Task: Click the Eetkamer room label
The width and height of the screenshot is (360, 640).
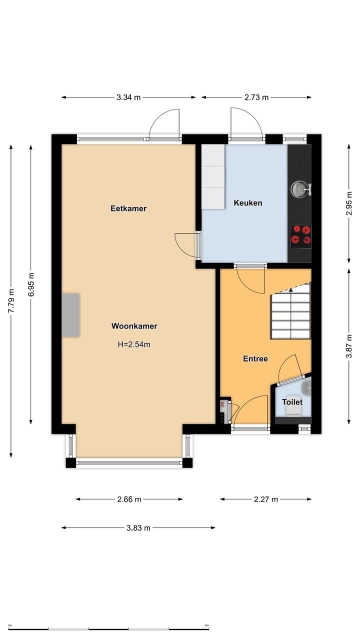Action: click(128, 208)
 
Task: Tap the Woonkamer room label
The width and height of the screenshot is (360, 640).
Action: click(134, 326)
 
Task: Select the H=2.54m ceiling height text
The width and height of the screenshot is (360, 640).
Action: click(134, 344)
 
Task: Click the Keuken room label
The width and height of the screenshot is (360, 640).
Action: click(248, 203)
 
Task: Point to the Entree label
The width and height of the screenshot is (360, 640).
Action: click(255, 358)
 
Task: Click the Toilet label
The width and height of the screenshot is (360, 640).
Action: click(292, 402)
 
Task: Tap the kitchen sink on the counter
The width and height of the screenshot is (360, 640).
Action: click(299, 188)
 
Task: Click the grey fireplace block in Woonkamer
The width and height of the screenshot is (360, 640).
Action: click(70, 315)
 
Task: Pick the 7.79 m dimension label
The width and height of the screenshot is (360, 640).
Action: click(11, 301)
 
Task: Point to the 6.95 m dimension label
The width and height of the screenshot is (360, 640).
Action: click(31, 285)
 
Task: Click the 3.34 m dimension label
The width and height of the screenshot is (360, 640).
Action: click(128, 97)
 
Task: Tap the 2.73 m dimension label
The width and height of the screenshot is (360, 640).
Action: click(256, 97)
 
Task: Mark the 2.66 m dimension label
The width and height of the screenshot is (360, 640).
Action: click(129, 499)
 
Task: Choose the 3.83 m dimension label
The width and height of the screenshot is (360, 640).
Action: click(138, 527)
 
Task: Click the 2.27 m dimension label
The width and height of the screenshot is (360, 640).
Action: click(265, 499)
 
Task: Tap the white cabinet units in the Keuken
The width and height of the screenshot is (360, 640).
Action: click(213, 176)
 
